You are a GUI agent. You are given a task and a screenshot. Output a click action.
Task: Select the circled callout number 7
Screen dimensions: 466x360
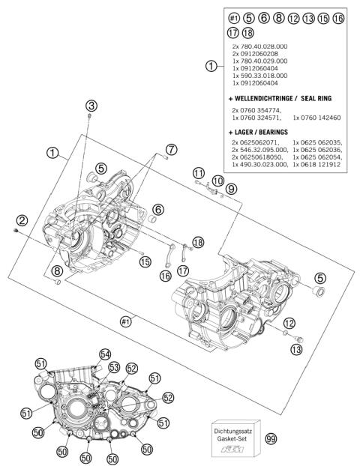[172, 150]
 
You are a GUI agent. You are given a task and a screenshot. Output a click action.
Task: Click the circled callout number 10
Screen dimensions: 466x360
[217, 181]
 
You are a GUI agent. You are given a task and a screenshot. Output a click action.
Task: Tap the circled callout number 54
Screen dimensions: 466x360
[104, 354]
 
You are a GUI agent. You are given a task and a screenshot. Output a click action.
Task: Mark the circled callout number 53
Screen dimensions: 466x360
[115, 366]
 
